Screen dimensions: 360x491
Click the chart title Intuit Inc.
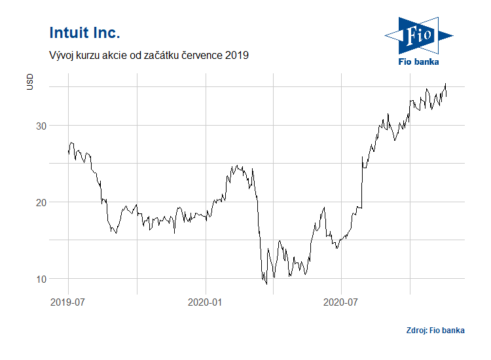point(84,33)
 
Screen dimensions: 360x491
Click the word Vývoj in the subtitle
point(63,56)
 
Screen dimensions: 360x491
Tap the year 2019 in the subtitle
point(236,56)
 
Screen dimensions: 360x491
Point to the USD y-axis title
point(29,82)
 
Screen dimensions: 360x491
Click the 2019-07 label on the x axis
point(68,302)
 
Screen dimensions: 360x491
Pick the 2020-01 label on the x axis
point(206,302)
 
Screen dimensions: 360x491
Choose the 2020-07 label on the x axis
point(342,302)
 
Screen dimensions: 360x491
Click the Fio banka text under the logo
point(419,62)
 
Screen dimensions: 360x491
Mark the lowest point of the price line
point(266,284)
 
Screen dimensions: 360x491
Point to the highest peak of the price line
point(446,84)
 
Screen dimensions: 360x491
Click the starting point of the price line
point(68,153)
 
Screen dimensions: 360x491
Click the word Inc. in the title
point(106,33)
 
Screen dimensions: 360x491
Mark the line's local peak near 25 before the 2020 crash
point(237,166)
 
